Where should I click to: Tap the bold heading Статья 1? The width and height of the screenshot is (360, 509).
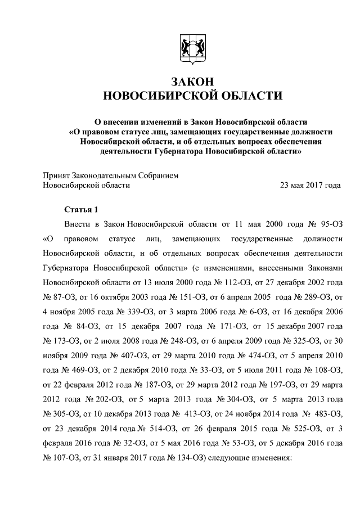pyautogui.click(x=81, y=210)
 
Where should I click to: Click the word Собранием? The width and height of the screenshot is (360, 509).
pyautogui.click(x=158, y=175)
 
